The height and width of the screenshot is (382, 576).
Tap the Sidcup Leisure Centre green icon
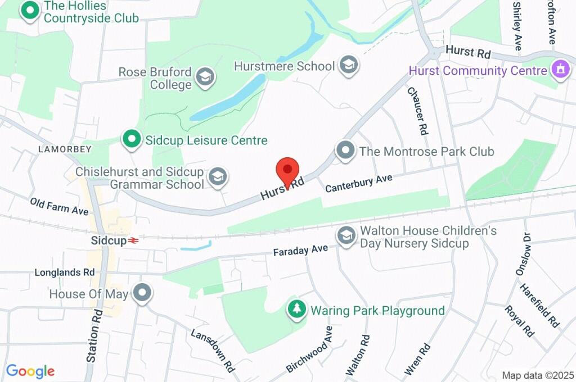pyautogui.click(x=132, y=140)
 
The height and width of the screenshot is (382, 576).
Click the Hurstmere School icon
pyautogui.click(x=349, y=66)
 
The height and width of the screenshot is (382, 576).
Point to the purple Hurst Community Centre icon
pyautogui.click(x=560, y=71)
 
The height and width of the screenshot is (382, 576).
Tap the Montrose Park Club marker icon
pyautogui.click(x=345, y=151)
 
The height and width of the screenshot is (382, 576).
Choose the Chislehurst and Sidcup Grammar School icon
pyautogui.click(x=217, y=178)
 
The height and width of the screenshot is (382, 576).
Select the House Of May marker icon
pyautogui.click(x=142, y=293)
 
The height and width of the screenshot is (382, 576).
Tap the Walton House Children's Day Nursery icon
pyautogui.click(x=346, y=237)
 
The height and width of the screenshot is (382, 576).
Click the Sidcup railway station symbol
pyautogui.click(x=133, y=240)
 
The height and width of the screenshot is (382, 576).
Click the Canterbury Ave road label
pyautogui.click(x=358, y=184)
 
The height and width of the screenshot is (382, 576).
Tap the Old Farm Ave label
pyautogui.click(x=59, y=207)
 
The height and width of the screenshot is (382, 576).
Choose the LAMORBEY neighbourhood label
pyautogui.click(x=65, y=149)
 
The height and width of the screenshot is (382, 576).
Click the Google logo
pyautogui.click(x=30, y=371)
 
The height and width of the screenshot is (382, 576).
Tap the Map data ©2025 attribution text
pyautogui.click(x=537, y=375)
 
